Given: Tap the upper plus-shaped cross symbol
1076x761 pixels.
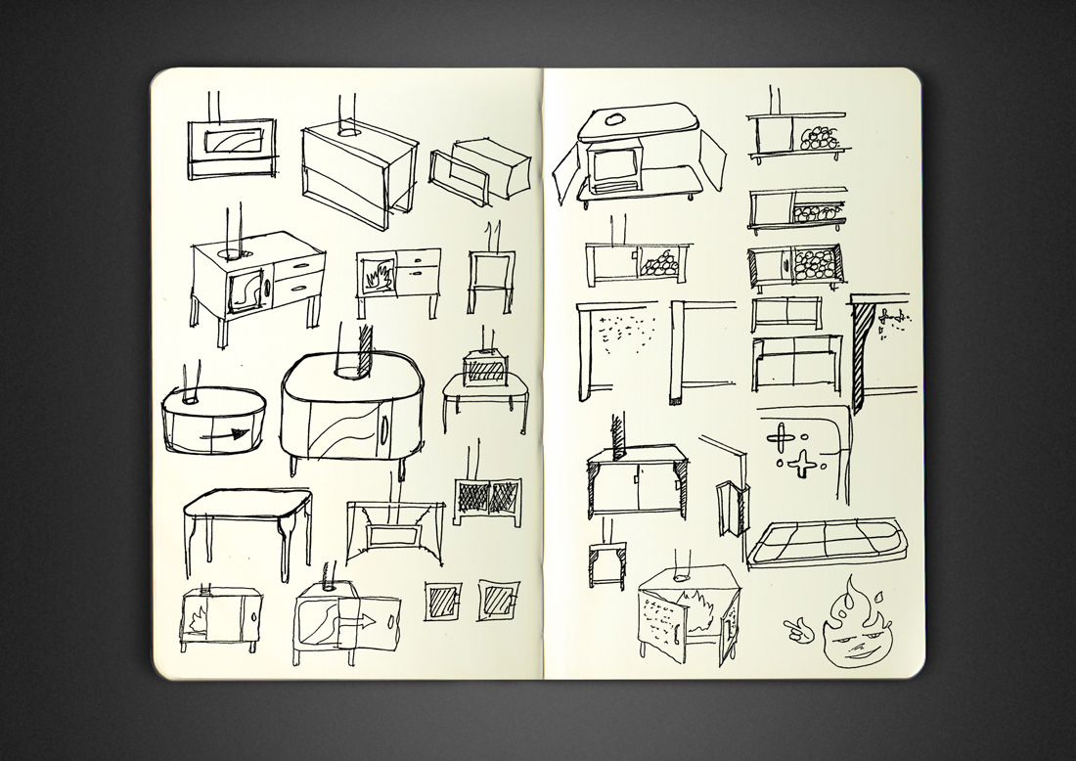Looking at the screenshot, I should (784, 434).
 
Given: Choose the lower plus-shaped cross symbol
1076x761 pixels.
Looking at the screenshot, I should (802, 467).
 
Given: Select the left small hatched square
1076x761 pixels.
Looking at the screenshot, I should (441, 600).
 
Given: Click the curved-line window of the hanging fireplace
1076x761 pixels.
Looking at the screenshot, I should (232, 143).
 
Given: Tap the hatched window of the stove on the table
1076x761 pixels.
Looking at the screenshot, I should (485, 371).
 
